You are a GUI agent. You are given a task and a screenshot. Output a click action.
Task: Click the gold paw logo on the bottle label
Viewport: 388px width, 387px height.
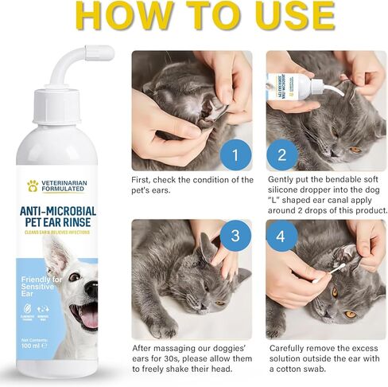(x=33, y=186)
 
